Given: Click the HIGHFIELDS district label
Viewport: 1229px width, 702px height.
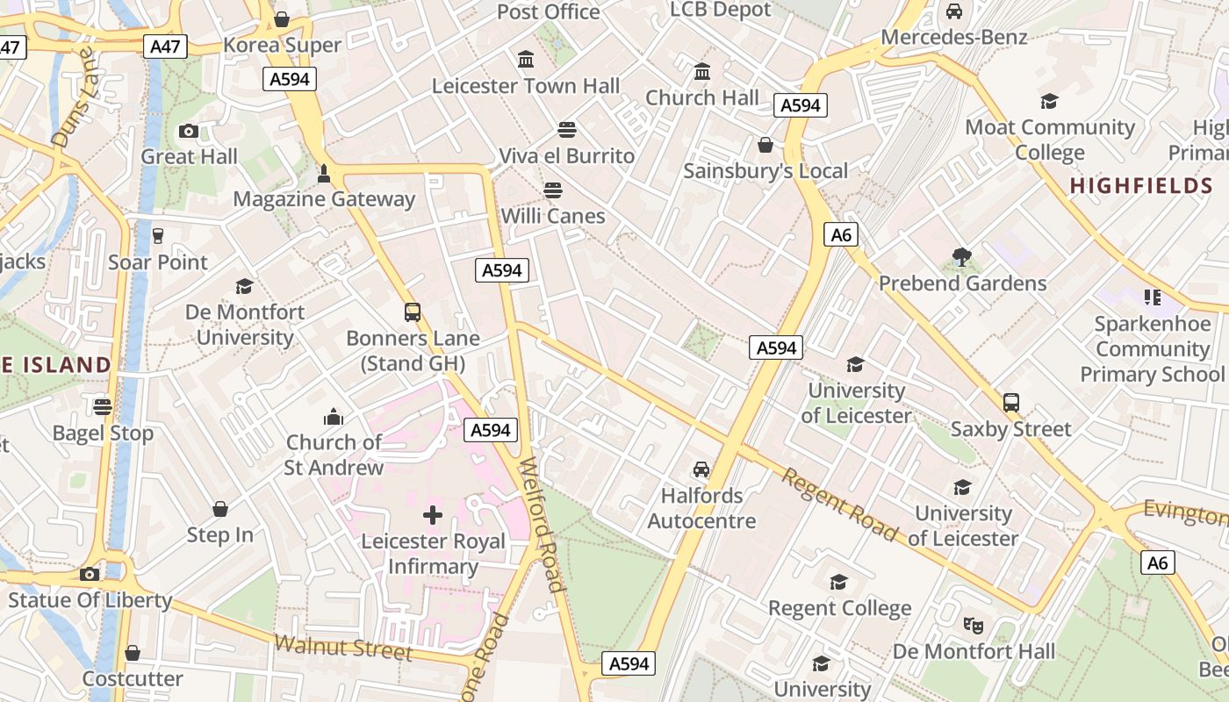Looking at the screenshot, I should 1141,186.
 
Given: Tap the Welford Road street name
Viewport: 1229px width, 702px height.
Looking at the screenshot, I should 541,525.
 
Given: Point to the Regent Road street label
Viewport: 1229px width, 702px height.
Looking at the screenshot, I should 840,505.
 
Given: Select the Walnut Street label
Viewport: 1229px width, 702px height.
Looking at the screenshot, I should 342,648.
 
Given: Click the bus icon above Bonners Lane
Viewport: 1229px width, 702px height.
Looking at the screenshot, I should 412,312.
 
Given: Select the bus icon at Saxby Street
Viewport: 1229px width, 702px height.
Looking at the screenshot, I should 1011,403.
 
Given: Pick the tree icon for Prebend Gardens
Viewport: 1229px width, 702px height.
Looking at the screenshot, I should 962,257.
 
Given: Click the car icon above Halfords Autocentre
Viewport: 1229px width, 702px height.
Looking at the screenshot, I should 701,469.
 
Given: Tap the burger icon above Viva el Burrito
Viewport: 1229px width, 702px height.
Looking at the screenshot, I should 567,130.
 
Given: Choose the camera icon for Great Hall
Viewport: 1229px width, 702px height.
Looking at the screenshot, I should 188,131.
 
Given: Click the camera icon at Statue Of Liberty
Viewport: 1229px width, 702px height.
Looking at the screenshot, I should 90,574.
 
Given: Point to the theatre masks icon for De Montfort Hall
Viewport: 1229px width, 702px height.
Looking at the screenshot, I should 973,625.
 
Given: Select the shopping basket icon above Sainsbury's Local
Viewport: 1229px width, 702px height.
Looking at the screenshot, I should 765,145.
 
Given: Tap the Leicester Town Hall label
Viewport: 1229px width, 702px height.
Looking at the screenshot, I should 526,86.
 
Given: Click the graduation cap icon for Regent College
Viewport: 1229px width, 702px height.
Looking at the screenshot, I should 839,582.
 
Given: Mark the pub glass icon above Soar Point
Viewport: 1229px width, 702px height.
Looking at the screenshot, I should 158,235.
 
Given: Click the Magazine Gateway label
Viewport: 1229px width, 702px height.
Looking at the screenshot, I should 324,199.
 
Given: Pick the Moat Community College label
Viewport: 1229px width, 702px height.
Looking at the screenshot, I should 1050,140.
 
